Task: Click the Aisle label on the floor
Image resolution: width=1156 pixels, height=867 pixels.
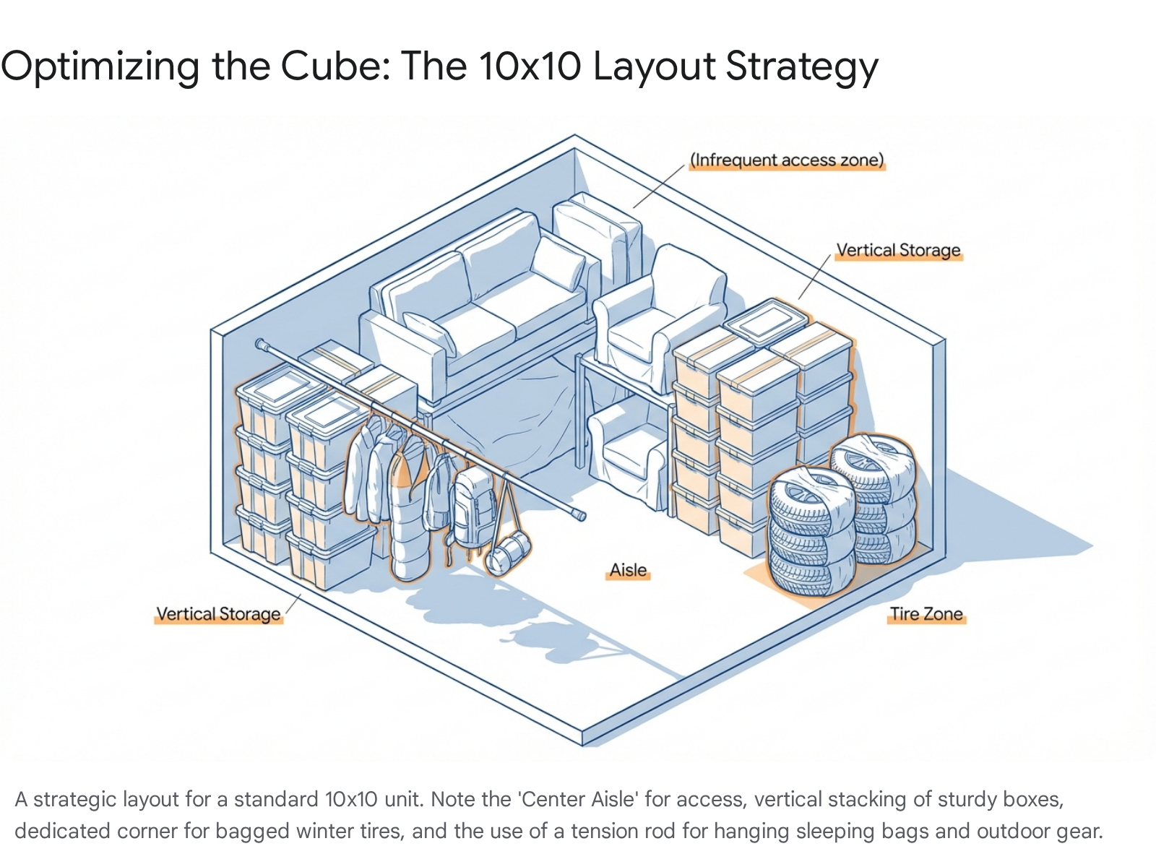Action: [628, 570]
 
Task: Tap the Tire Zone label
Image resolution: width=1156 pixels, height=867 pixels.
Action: [926, 614]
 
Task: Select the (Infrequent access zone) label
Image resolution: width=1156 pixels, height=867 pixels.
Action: [787, 160]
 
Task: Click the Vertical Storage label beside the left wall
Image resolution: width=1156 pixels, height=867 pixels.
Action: [218, 614]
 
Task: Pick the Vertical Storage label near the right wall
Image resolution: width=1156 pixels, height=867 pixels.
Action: [898, 250]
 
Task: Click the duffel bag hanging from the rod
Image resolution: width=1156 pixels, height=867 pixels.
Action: [508, 552]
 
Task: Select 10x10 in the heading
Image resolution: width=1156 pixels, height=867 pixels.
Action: [529, 66]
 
